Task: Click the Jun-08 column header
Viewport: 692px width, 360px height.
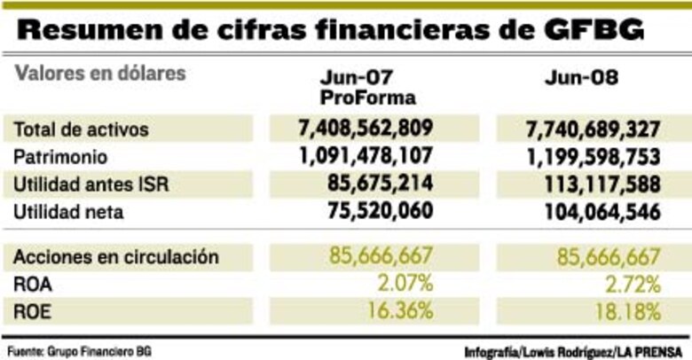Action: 581,77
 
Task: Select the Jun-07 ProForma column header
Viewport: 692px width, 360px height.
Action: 368,86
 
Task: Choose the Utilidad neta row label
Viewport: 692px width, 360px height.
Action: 69,213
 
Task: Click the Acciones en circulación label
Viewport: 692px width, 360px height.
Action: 116,257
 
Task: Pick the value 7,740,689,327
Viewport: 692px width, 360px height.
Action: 581,130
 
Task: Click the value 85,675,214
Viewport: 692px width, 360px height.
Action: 377,185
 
